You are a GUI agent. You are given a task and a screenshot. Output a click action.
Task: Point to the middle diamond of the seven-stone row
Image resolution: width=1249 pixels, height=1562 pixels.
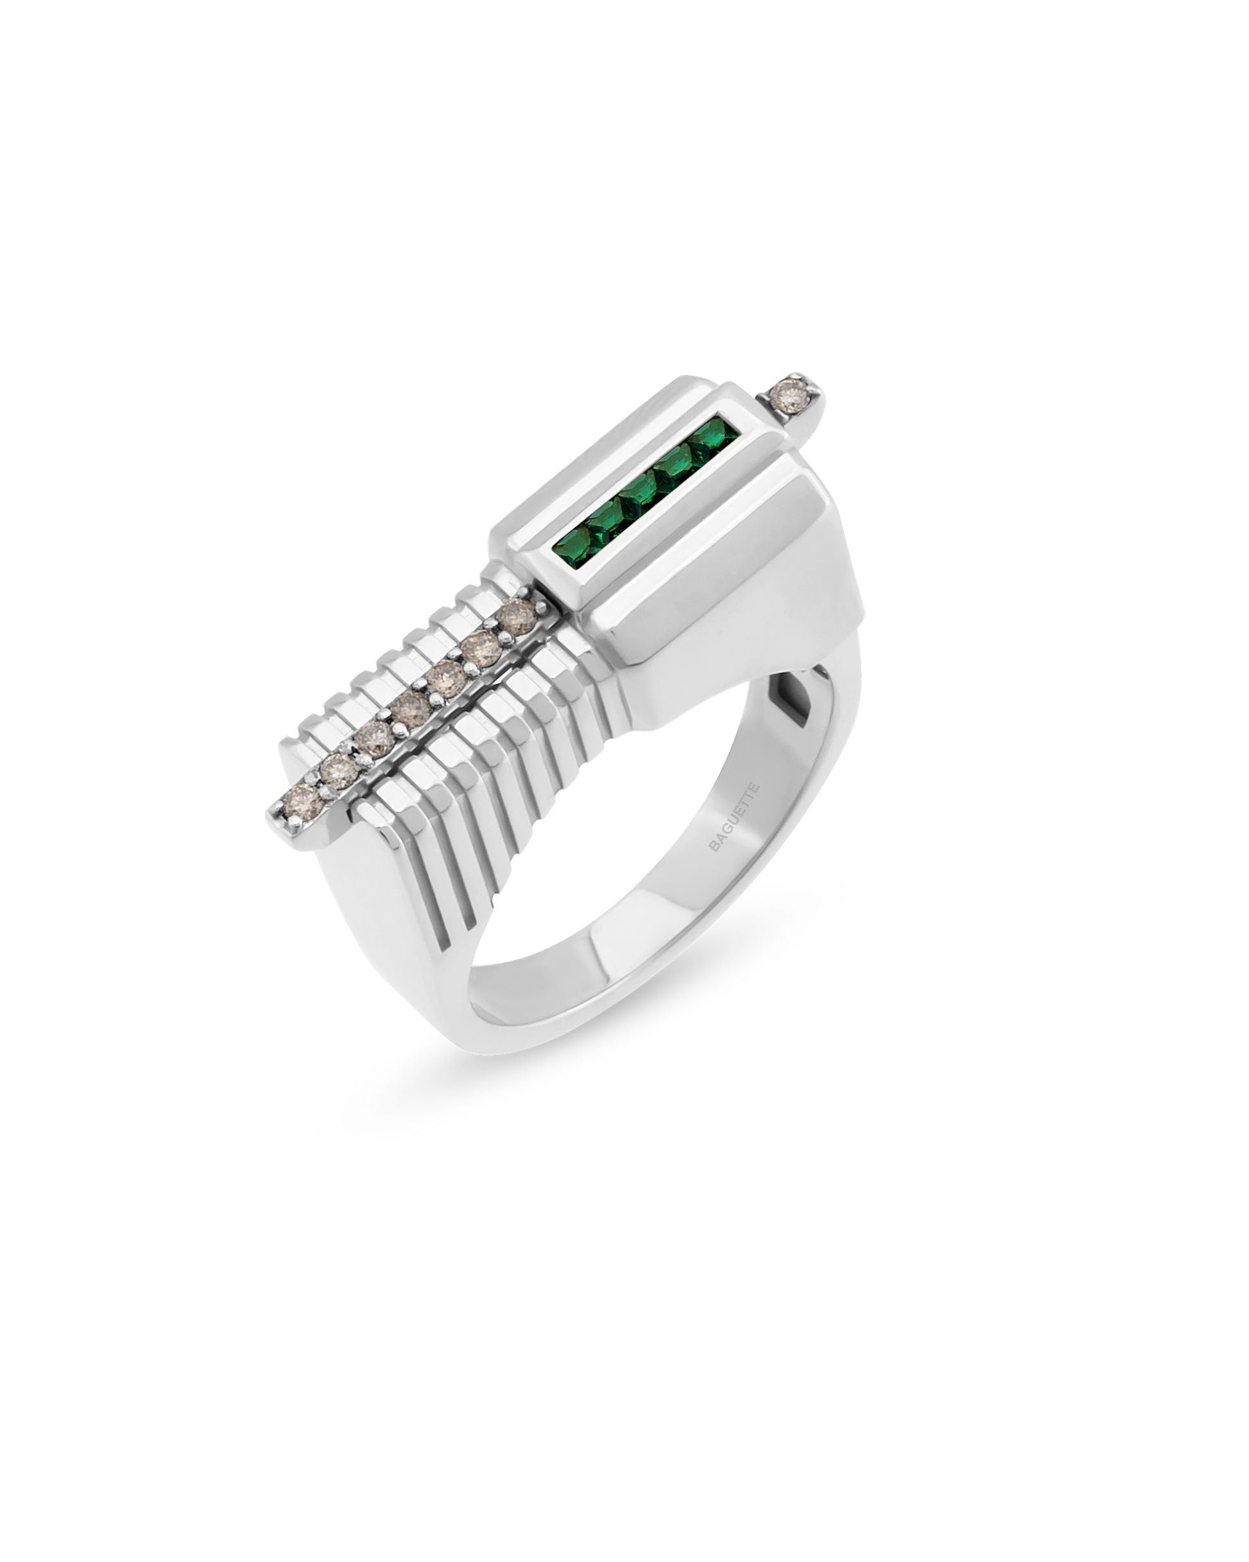(410, 707)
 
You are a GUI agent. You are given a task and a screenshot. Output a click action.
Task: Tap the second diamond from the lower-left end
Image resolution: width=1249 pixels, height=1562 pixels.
(338, 772)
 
